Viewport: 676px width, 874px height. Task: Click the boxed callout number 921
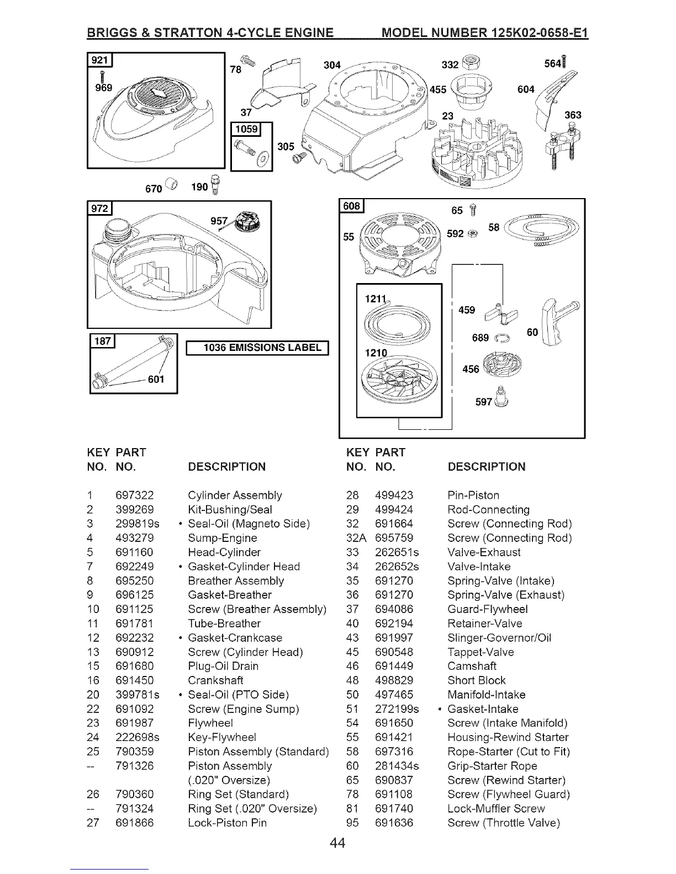[100, 60]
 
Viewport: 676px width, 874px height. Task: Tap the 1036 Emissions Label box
[258, 348]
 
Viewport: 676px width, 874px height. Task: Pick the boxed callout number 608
[351, 206]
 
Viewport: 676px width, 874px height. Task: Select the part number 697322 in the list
[135, 495]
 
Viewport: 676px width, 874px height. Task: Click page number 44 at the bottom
[337, 843]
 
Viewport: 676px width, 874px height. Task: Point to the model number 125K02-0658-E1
[525, 33]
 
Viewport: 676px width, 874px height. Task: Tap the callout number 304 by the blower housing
[331, 65]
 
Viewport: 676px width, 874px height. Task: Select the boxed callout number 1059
[246, 129]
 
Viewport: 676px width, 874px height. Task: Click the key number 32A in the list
[356, 538]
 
